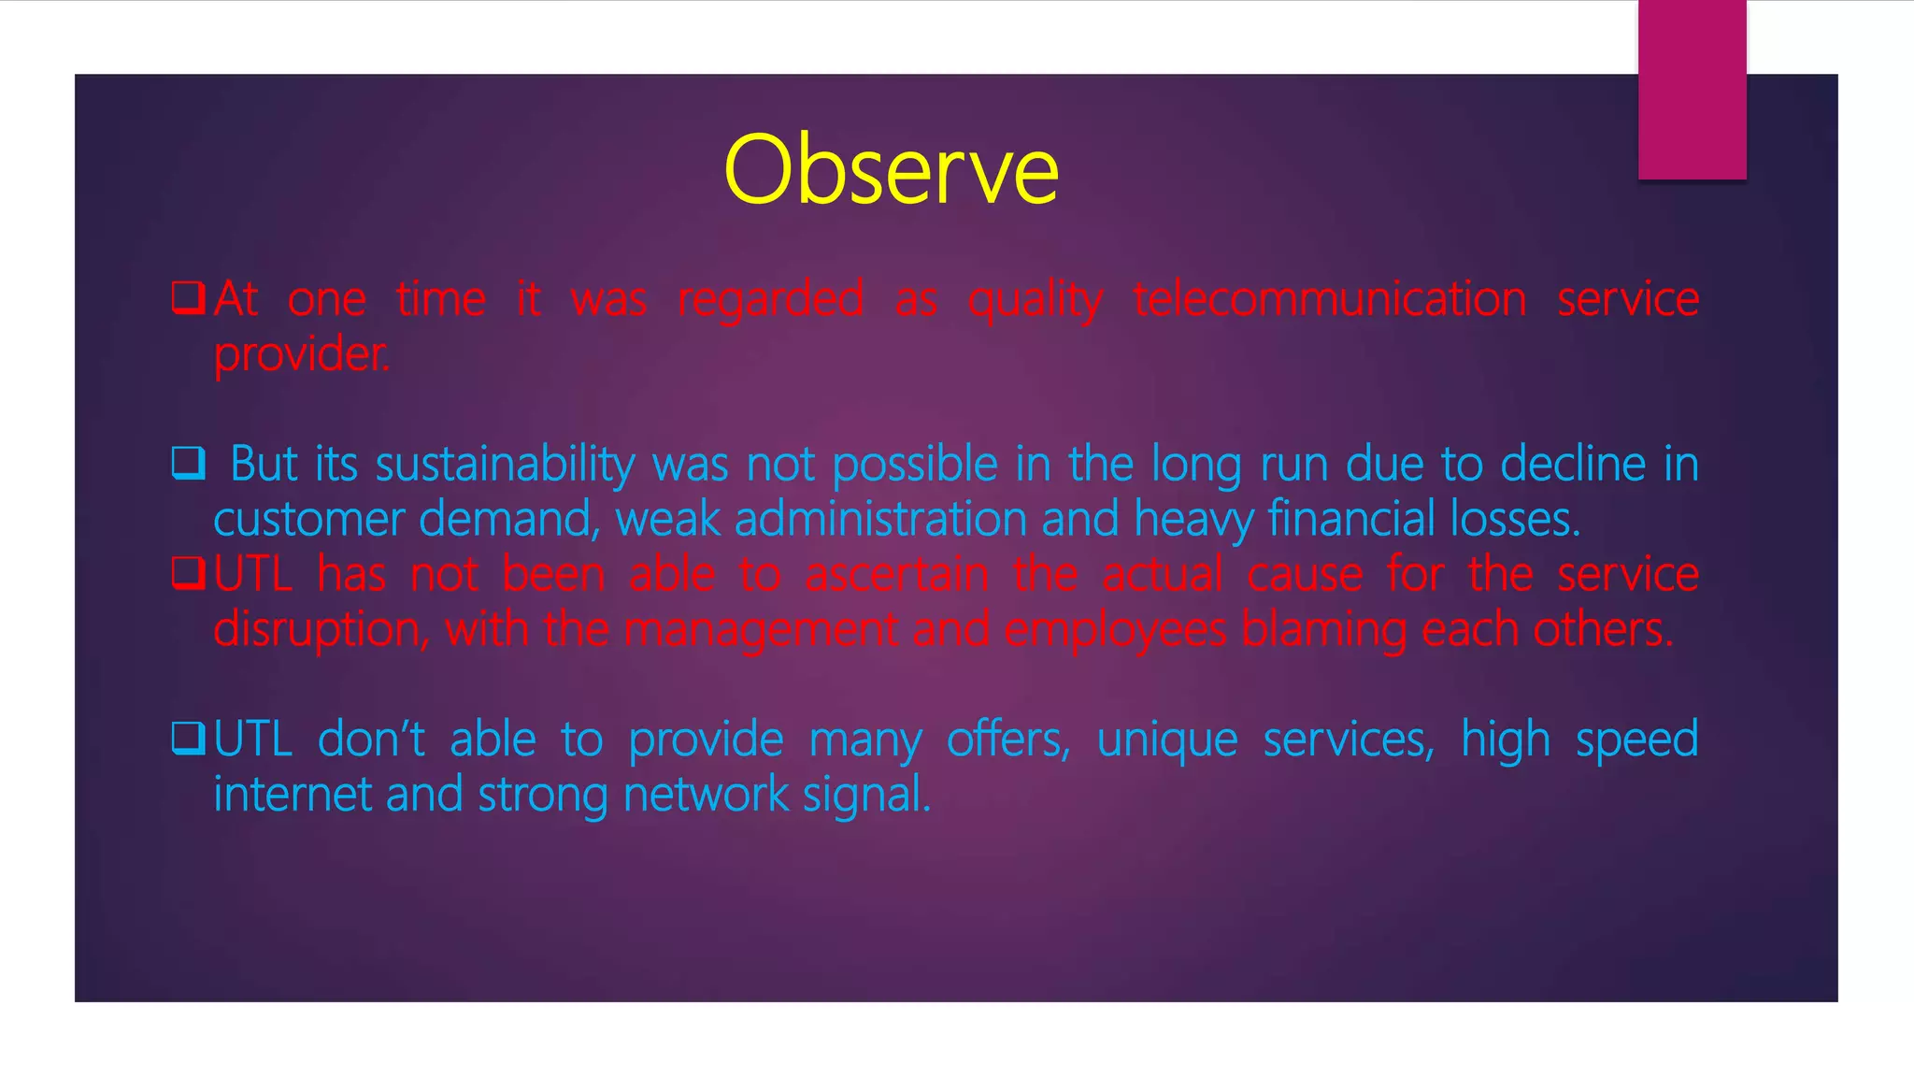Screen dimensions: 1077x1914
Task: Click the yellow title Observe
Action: (x=891, y=170)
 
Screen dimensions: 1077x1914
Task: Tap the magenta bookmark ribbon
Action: (x=1692, y=89)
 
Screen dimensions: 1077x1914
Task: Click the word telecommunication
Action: (x=1329, y=300)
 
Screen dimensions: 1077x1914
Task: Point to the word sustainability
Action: (x=505, y=465)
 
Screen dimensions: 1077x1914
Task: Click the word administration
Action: (x=880, y=520)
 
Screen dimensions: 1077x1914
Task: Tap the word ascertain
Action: (x=896, y=575)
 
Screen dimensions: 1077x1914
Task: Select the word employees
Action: (x=1115, y=630)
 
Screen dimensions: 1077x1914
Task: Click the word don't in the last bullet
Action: (x=371, y=740)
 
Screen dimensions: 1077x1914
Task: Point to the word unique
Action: (x=1166, y=740)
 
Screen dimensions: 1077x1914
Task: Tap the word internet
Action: (x=293, y=795)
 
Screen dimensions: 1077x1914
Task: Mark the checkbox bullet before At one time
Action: (x=188, y=298)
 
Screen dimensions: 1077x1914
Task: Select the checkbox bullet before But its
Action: (x=188, y=463)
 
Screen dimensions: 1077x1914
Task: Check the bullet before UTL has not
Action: (x=188, y=573)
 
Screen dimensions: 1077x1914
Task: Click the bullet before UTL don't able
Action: (x=188, y=739)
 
